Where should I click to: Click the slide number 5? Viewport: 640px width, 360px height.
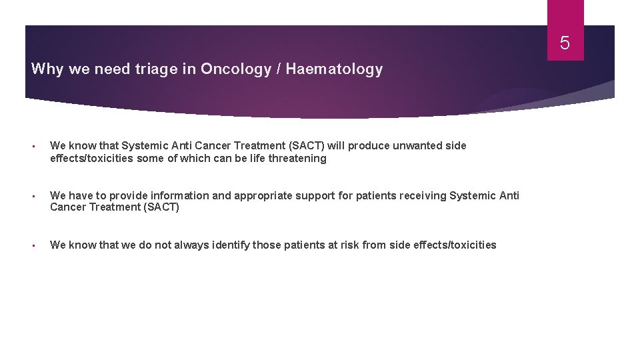tap(565, 44)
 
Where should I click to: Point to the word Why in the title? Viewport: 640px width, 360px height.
tap(46, 69)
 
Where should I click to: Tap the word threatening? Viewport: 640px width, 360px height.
tap(297, 158)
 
